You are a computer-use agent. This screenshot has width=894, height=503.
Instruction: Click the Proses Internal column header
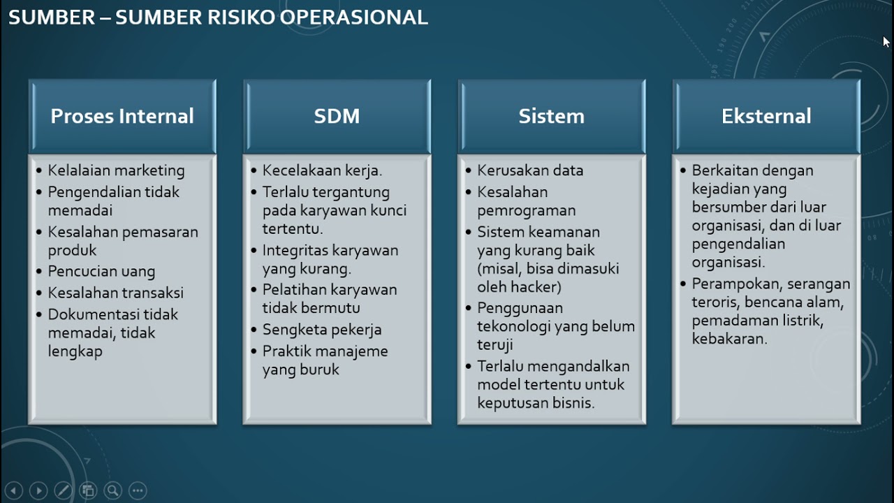point(122,116)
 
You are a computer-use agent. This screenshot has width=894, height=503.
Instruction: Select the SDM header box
point(337,116)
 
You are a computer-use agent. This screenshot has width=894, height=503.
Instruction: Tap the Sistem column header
point(551,116)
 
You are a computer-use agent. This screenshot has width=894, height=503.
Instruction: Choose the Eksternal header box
point(766,116)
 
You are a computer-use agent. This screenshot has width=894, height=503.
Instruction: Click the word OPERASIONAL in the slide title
point(353,17)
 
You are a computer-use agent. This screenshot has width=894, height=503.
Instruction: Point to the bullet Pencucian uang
point(101,271)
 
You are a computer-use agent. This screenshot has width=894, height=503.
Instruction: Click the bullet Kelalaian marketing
point(116,170)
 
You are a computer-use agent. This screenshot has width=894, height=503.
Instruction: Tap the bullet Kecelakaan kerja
point(322,170)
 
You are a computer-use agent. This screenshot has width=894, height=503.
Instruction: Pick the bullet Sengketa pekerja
point(322,330)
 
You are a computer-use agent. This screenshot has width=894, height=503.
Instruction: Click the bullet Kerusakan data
point(530,170)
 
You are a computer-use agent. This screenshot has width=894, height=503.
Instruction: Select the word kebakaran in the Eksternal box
point(729,339)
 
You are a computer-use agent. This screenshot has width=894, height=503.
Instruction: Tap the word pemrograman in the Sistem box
point(526,210)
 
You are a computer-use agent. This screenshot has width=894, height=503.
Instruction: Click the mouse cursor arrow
point(886,41)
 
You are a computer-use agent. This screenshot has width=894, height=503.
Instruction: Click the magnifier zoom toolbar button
point(112,490)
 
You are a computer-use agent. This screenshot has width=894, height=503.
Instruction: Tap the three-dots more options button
point(138,490)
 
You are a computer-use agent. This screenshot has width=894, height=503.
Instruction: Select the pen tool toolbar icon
point(63,490)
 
